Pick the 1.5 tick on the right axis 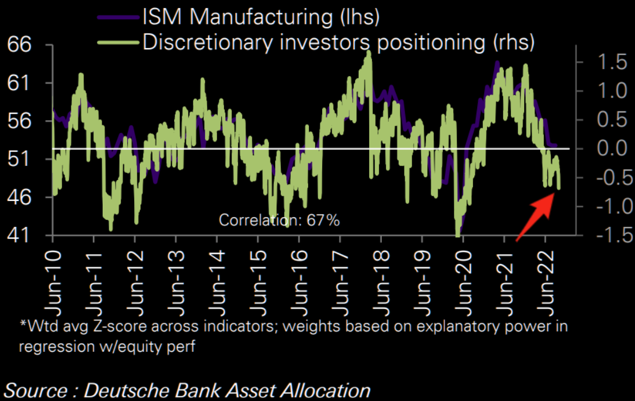[x=609, y=62]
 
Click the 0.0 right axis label [x=609, y=149]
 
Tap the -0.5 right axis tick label [x=606, y=178]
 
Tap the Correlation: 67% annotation [x=279, y=220]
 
